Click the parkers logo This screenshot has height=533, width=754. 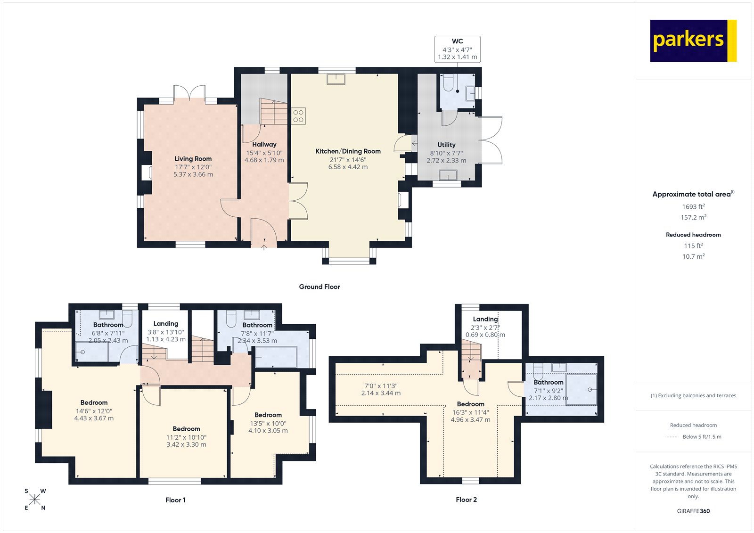click(693, 41)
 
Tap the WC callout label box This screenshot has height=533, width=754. click(457, 49)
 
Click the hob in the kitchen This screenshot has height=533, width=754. click(298, 116)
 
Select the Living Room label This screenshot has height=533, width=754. click(193, 159)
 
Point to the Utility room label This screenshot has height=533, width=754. click(446, 145)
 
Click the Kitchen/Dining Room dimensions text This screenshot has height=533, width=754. click(348, 163)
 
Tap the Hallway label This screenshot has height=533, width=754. click(264, 144)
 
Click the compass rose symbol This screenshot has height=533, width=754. click(35, 500)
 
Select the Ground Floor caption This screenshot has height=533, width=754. click(319, 287)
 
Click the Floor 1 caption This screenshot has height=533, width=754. click(175, 500)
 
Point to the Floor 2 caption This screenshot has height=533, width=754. click(466, 500)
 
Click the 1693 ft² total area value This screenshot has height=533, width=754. click(693, 206)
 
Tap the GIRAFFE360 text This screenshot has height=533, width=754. click(693, 511)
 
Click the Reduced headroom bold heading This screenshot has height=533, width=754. click(693, 235)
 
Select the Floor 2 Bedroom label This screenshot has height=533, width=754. click(470, 404)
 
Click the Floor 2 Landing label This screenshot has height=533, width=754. click(485, 319)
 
